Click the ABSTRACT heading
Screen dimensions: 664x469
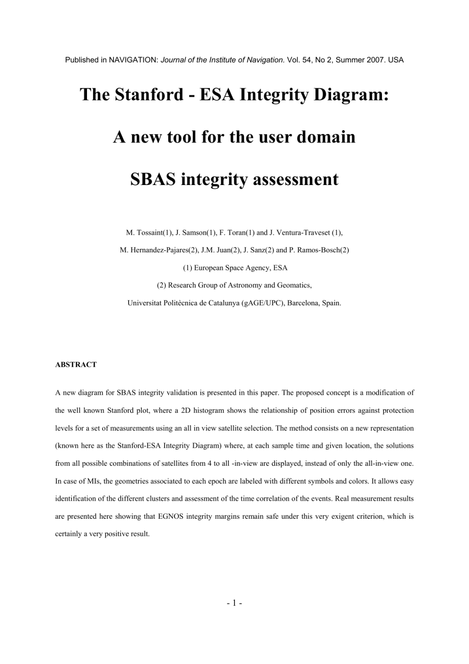coord(76,364)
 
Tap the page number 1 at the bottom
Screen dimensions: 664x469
coord(234,603)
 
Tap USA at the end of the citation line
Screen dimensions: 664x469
coord(396,60)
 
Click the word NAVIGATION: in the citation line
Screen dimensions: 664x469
coord(133,60)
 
